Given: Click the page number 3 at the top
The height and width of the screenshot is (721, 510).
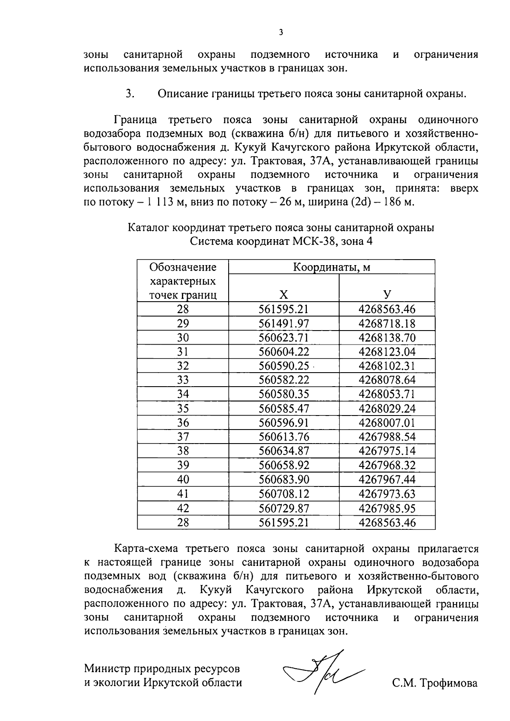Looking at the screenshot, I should pos(280,32).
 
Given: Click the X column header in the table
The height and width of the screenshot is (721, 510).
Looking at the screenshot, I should pos(283,295).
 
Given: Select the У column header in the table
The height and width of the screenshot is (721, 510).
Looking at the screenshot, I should pos(387,295).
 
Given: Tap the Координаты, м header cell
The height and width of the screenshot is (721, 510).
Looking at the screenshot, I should pos(331,267).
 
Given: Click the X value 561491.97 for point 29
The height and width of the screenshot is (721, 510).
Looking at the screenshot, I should pos(283,323).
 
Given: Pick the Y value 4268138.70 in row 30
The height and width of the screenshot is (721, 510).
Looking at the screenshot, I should pos(387,338).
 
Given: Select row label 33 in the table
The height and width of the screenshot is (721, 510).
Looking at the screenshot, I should pos(183,380).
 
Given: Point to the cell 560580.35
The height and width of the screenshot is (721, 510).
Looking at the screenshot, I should pos(283,394).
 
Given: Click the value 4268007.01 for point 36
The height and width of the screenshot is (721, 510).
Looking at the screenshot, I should pos(387,423).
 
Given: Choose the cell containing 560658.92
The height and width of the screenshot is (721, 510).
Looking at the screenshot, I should pos(283,465).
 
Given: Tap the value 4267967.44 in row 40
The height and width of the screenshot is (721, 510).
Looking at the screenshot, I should pos(387,479).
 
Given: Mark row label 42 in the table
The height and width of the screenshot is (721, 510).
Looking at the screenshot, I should pos(183,508).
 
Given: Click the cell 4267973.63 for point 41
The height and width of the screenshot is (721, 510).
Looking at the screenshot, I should pos(387,494).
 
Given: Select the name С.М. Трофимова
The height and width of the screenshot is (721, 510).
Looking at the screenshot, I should pos(435,683).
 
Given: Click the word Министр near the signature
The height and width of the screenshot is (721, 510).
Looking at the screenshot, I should pos(108,668).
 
